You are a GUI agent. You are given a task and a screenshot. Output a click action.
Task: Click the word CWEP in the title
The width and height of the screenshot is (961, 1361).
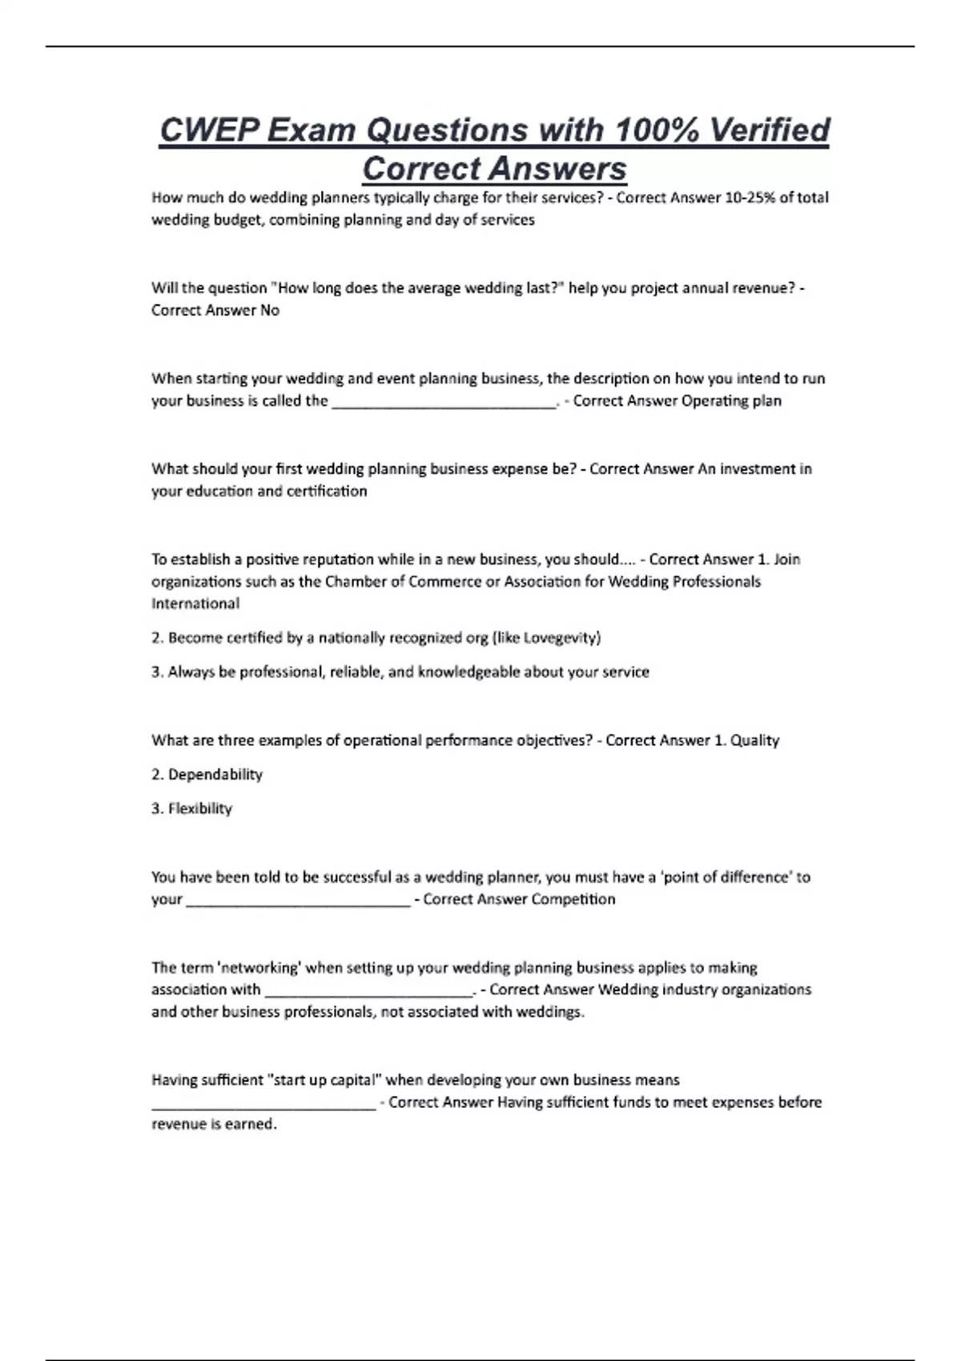[209, 130]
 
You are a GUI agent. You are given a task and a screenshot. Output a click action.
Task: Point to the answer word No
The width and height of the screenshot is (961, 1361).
[270, 311]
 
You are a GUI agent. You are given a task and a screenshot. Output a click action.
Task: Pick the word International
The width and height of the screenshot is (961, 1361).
[195, 604]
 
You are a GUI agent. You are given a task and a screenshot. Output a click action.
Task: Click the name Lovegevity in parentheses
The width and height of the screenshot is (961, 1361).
[560, 638]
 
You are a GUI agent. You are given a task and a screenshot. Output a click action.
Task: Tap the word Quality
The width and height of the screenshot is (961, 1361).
[755, 741]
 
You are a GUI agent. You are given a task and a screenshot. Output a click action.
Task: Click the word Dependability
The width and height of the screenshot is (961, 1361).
[215, 775]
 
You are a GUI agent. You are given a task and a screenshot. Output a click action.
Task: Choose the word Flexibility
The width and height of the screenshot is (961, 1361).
[200, 809]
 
